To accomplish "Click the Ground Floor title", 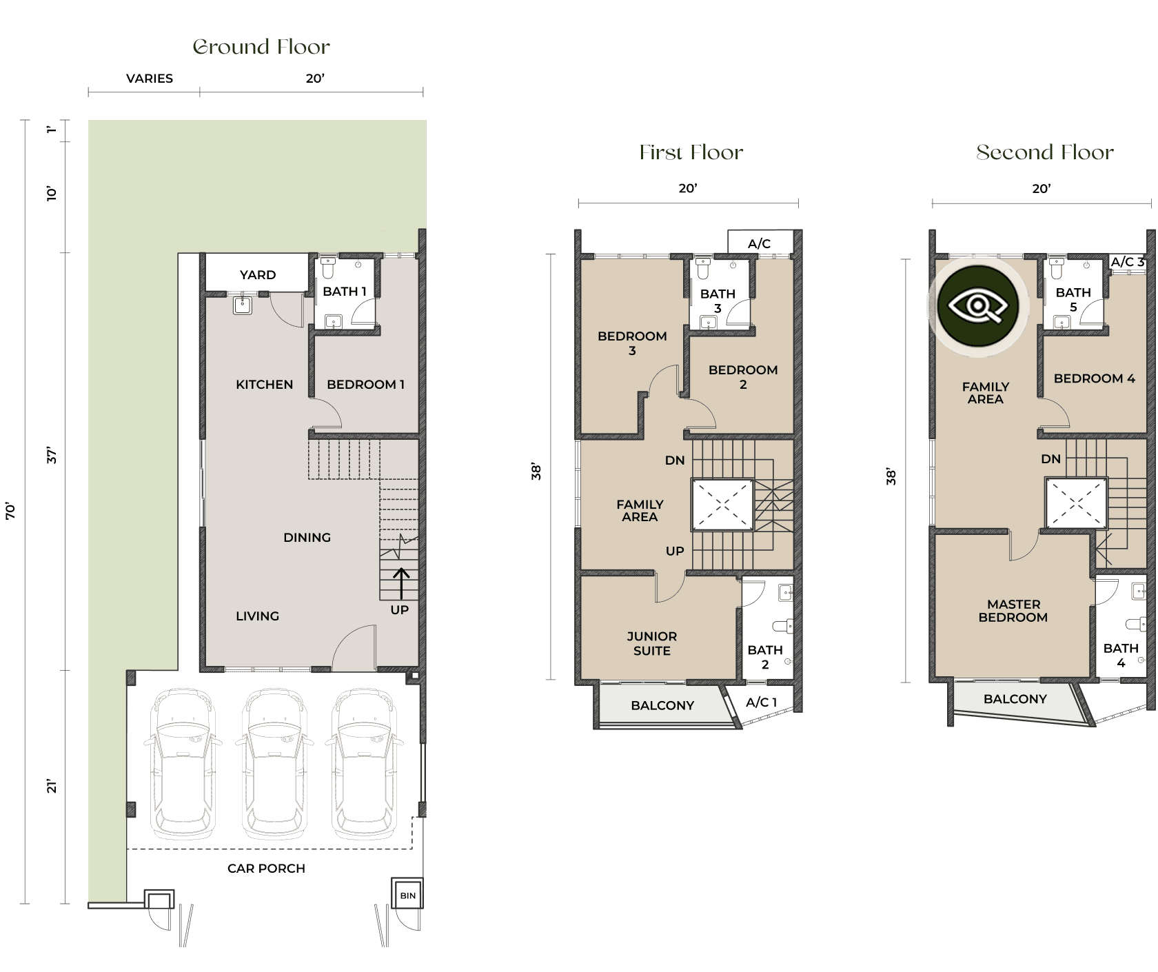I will click(261, 47).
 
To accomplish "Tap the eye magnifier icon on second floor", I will click(977, 305).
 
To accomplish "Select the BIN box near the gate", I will click(407, 895).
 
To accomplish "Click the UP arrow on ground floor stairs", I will click(401, 583).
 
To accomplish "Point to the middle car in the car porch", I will click(274, 764).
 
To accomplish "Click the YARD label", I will click(258, 274).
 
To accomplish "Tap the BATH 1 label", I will click(345, 291).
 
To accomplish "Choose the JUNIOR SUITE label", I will click(651, 643).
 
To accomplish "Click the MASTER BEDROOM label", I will click(1013, 611).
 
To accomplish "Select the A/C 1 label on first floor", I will click(762, 702).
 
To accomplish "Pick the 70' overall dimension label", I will click(10, 511).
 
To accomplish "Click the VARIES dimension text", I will click(150, 79).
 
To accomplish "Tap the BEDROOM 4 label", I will click(1094, 378).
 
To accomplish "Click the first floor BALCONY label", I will click(662, 705).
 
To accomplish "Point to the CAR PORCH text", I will click(266, 869).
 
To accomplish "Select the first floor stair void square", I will click(722, 505).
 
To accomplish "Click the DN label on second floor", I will click(1050, 459).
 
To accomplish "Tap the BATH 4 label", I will click(1121, 655).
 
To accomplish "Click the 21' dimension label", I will click(52, 786).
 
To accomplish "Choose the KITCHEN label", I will click(264, 384).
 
